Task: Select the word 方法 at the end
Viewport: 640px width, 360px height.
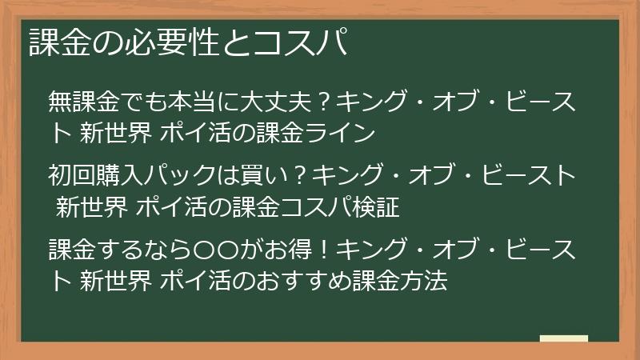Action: click(x=424, y=281)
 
